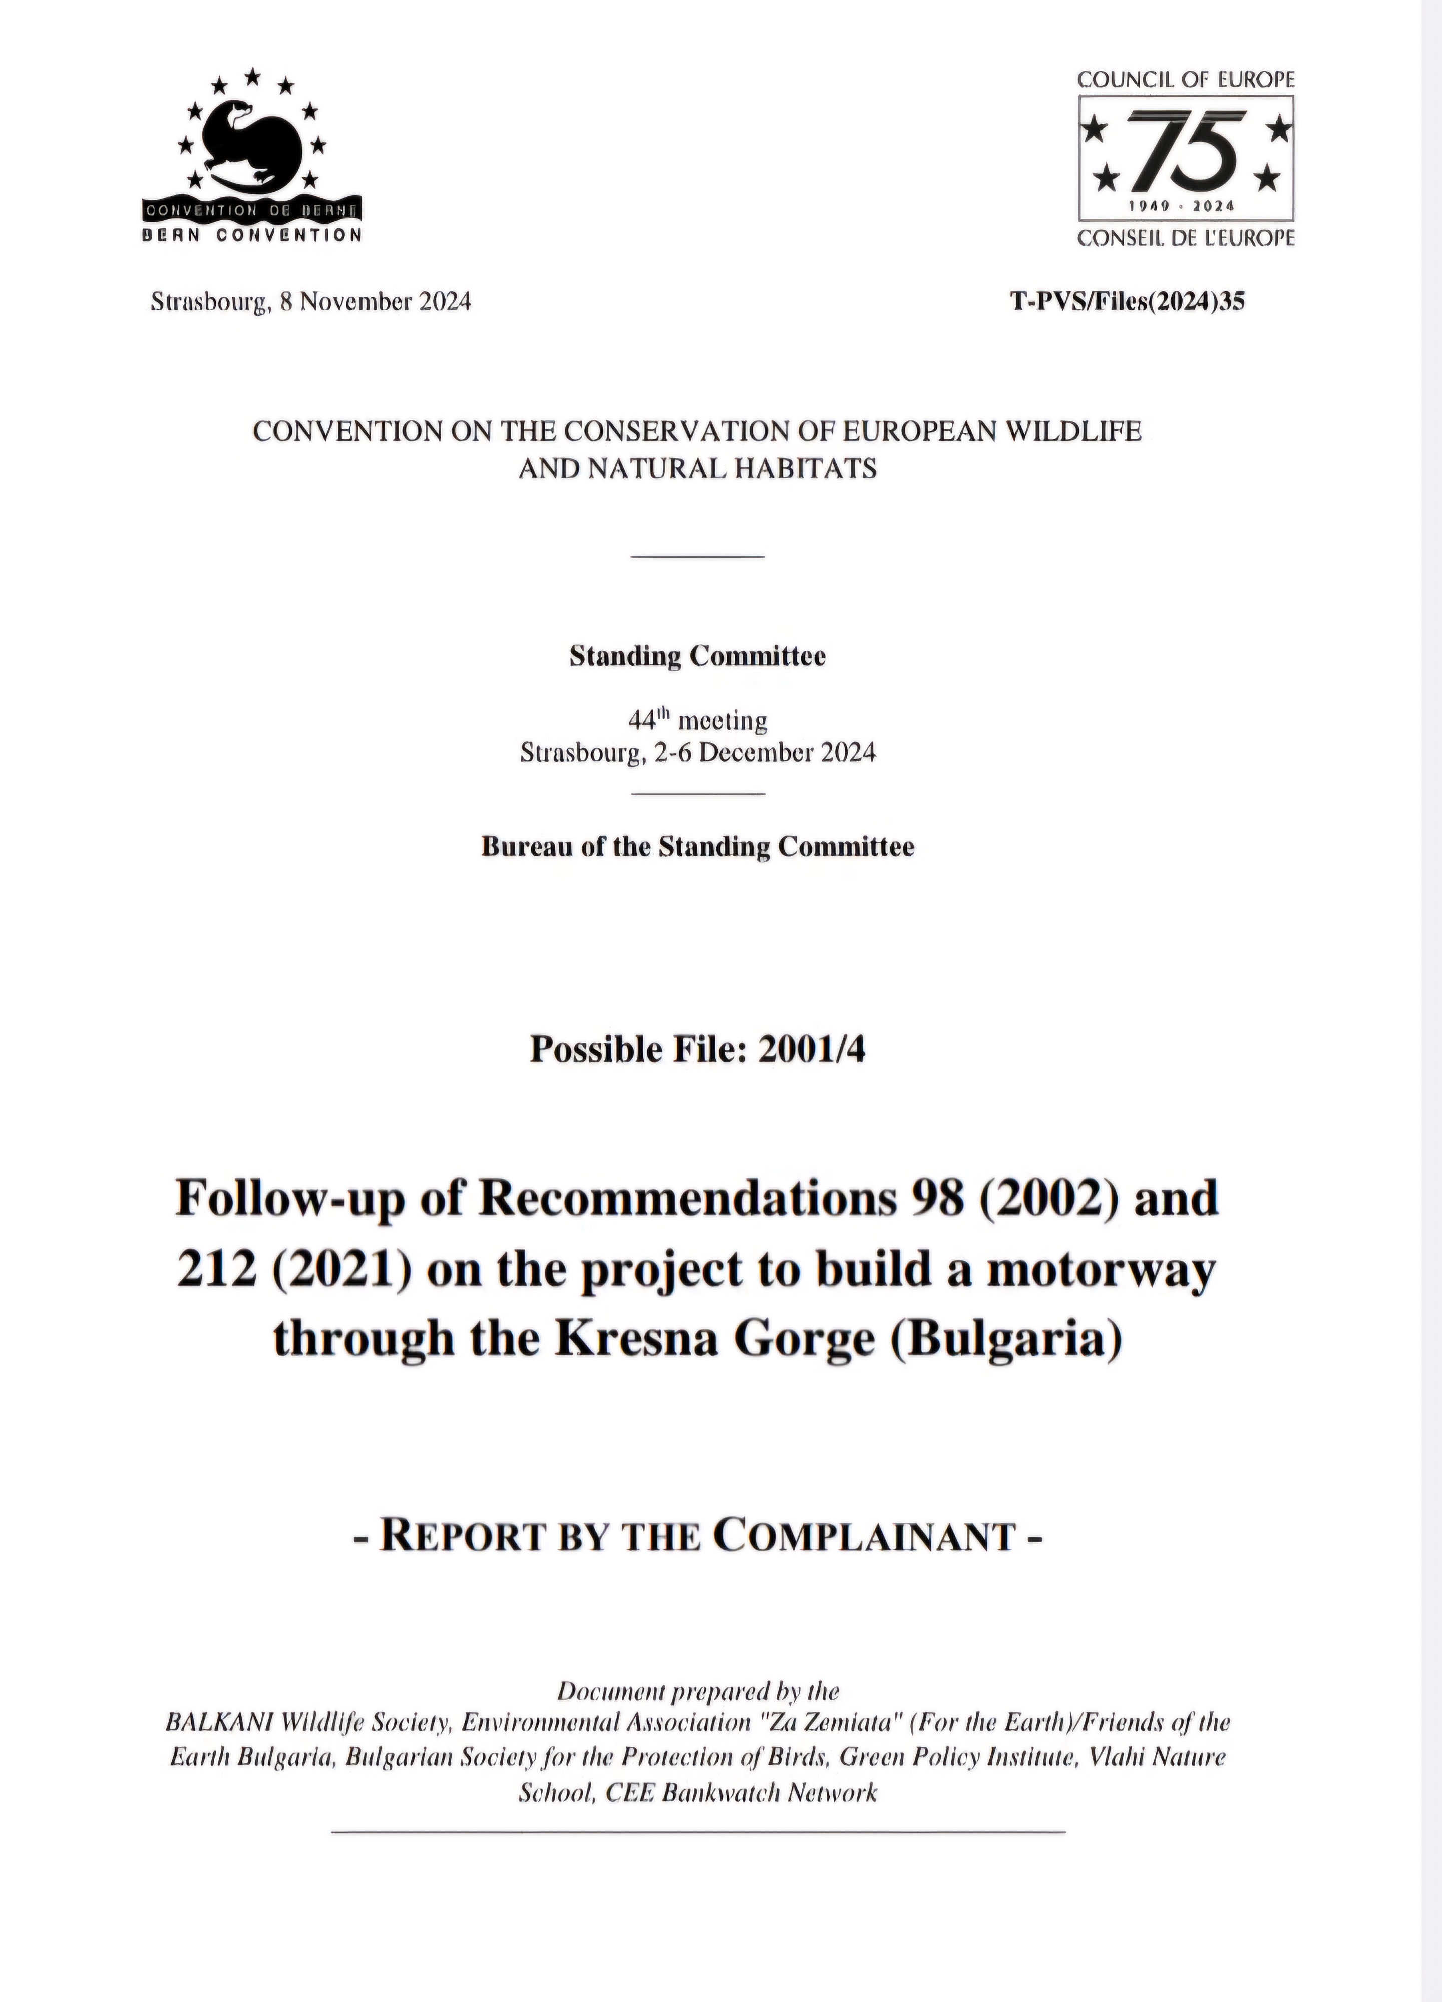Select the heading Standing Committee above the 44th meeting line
[697, 657]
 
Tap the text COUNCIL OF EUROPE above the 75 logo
[1186, 80]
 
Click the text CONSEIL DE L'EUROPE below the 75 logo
[1186, 238]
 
